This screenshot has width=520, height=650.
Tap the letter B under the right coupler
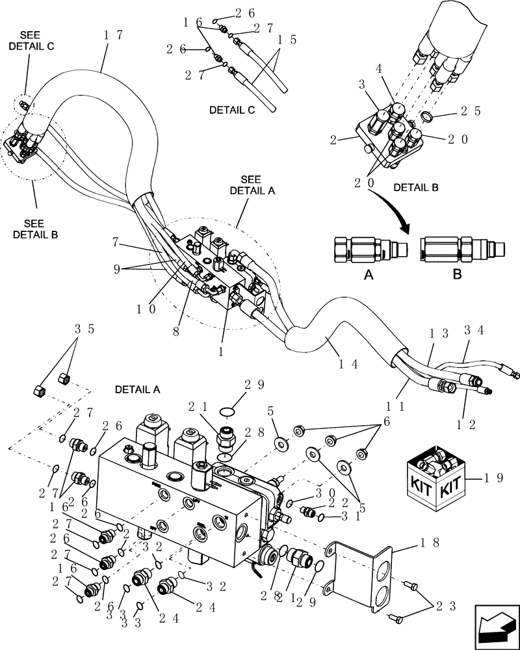point(456,275)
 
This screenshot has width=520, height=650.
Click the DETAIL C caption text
point(232,110)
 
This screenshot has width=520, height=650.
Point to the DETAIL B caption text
point(416,187)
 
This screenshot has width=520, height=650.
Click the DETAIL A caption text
point(137,389)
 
